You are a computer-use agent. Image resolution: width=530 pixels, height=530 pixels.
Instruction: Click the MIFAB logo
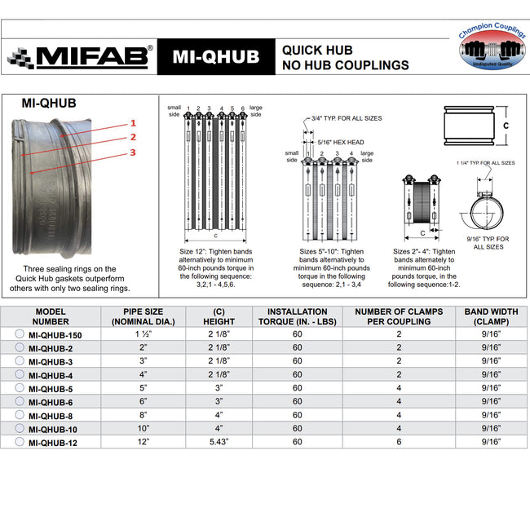click(79, 56)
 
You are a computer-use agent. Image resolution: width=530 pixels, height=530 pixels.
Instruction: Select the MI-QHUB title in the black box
click(215, 56)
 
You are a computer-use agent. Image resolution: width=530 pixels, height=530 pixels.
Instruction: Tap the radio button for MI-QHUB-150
click(20, 333)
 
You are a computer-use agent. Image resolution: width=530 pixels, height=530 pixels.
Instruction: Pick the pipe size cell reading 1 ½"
click(144, 333)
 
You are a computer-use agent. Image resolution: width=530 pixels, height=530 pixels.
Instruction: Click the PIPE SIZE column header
click(144, 316)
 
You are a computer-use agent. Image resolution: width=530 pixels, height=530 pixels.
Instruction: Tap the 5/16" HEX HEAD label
click(340, 142)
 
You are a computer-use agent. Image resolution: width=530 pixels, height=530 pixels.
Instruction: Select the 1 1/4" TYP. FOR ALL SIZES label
click(485, 163)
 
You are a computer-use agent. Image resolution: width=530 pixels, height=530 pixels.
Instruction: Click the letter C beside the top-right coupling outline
click(505, 126)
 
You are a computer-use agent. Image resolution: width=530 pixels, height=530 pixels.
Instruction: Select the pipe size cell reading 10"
click(144, 428)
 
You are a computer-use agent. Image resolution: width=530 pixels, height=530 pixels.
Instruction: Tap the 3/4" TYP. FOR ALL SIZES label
click(346, 118)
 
